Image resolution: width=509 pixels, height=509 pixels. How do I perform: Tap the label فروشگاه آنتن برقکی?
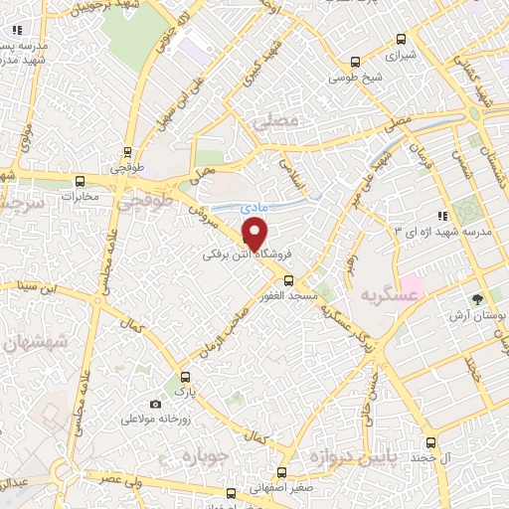pyautogui.click(x=236, y=255)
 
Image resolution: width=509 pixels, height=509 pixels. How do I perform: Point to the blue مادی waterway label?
pyautogui.click(x=252, y=206)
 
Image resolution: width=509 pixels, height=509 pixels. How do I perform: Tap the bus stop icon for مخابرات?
pyautogui.click(x=81, y=181)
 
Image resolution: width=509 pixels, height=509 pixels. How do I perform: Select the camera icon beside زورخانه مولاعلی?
pyautogui.click(x=155, y=404)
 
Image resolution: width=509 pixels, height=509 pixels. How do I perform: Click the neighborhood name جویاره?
pyautogui.click(x=205, y=455)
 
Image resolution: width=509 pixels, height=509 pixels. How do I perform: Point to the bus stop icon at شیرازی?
pyautogui.click(x=401, y=40)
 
